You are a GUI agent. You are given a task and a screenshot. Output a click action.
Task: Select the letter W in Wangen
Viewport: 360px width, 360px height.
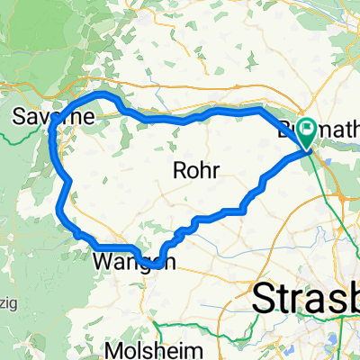tap(102, 263)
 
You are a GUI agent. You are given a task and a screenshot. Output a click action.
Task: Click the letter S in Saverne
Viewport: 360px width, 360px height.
tap(22, 117)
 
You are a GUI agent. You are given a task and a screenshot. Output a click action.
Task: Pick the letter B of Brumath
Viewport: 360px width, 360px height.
tap(286, 128)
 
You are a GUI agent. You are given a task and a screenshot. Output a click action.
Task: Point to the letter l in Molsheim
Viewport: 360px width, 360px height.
tap(159, 349)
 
